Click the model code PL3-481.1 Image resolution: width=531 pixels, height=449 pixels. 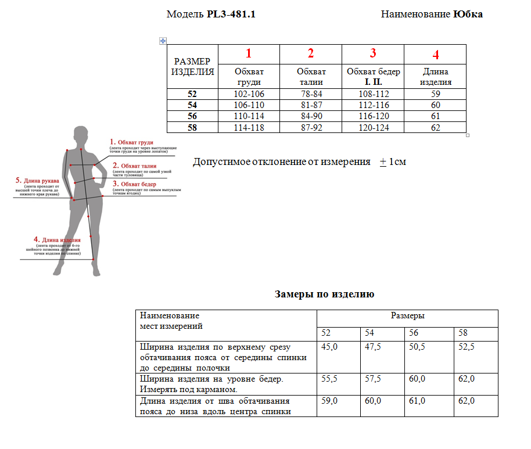point(231,15)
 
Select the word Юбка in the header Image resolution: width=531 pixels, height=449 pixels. point(468,15)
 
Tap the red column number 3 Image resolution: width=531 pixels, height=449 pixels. point(373,53)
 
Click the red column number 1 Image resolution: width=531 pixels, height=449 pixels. point(249,53)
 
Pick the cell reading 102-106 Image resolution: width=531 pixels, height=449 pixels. point(249,94)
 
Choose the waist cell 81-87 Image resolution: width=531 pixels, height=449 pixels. point(311,105)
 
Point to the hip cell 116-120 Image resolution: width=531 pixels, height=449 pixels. point(373,116)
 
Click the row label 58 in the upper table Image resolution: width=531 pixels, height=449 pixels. point(192,128)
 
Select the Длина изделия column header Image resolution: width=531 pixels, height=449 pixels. point(435,77)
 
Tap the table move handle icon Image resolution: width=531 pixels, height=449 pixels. point(163,41)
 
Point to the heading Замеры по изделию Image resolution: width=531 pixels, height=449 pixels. point(324,294)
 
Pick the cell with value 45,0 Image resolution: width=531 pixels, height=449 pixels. point(329,347)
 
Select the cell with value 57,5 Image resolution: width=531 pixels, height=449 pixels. point(373,379)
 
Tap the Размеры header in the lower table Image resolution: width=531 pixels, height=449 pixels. point(407,316)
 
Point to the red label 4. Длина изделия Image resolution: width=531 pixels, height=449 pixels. point(56,239)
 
